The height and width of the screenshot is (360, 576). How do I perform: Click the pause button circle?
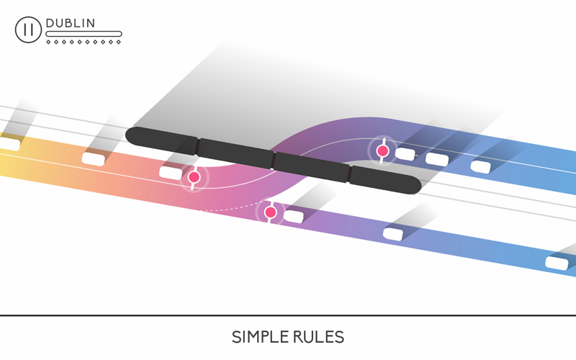click(28, 30)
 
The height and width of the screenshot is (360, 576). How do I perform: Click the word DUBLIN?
click(70, 23)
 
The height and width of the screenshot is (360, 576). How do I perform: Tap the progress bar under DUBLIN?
click(84, 34)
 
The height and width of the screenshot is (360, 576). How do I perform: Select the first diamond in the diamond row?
click(48, 42)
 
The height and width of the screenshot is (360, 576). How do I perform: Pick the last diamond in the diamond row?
click(118, 42)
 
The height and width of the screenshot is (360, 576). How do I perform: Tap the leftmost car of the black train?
click(161, 140)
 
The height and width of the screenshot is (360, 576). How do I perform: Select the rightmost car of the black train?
click(384, 179)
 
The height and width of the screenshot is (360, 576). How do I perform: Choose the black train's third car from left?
click(312, 167)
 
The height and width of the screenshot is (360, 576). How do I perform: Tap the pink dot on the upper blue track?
click(383, 150)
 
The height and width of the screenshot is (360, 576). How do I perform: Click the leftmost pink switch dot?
click(194, 177)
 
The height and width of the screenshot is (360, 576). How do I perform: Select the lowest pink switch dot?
click(271, 212)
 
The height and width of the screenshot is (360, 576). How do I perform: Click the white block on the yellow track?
click(9, 144)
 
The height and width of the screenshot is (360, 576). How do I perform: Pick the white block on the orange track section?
click(94, 158)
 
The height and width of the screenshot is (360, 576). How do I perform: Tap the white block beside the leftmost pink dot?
click(171, 173)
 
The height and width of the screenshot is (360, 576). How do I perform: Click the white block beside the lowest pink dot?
click(294, 216)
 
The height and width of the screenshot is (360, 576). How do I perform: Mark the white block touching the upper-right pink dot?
click(405, 154)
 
